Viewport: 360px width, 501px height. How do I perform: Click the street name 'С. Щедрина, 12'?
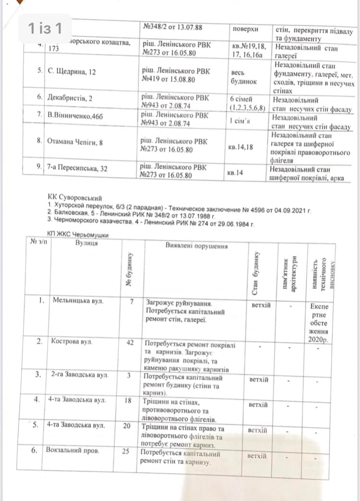tap(72, 72)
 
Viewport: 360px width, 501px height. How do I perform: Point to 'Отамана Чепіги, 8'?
tap(74, 142)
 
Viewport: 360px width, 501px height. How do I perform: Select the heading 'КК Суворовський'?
tap(75, 197)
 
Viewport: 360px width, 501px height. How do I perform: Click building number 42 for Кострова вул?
tap(129, 342)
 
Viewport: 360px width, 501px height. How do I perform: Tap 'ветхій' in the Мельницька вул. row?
tap(261, 305)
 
